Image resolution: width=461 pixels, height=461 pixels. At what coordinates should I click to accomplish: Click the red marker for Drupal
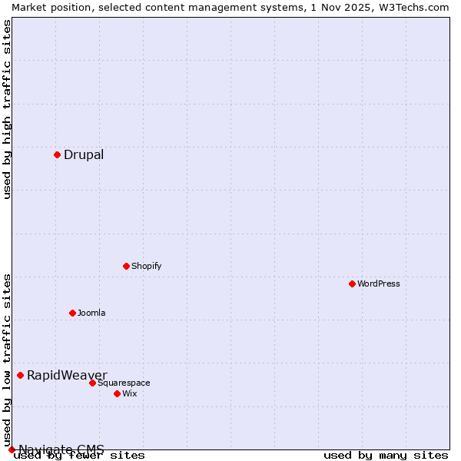57,154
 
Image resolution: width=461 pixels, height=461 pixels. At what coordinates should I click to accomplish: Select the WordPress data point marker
352,284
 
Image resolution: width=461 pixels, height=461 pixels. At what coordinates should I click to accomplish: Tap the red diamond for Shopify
126,266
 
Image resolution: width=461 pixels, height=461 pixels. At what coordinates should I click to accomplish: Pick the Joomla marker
72,313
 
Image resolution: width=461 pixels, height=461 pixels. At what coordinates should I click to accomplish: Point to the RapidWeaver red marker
20,375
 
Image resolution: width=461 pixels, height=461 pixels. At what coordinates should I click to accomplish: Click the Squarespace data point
92,383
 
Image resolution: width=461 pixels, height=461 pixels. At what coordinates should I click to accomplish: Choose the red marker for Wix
117,393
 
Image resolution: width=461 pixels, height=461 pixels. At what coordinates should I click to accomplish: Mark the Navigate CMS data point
12,449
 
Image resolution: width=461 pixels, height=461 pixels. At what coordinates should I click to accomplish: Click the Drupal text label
84,155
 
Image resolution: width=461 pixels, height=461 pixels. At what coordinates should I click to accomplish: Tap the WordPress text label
379,284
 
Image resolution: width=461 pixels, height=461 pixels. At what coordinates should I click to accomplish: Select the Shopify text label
147,266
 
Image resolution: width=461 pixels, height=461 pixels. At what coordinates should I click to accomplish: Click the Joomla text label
91,313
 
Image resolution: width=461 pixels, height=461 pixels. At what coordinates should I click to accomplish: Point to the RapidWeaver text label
67,375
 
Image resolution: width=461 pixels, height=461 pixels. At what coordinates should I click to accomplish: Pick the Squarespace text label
124,383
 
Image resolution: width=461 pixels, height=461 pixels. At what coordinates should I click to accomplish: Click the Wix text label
130,393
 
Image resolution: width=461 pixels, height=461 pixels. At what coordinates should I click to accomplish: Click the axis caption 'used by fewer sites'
80,456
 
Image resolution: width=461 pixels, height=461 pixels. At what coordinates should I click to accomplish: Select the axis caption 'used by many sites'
386,456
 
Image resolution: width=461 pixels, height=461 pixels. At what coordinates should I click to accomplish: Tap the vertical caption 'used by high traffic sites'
7,109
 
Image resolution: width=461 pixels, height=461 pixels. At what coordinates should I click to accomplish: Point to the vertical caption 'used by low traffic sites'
7,360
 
